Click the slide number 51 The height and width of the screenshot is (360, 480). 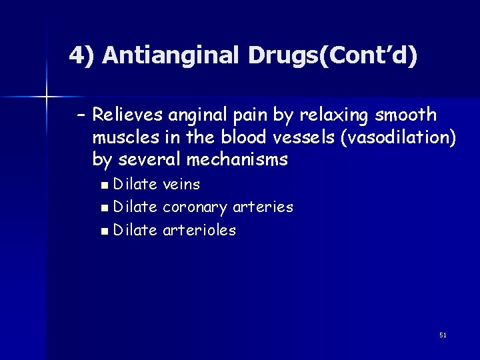[443, 335]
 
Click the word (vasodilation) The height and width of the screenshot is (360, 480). [398, 138]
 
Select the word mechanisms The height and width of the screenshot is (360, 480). [237, 160]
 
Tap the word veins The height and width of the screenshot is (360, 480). [181, 184]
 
